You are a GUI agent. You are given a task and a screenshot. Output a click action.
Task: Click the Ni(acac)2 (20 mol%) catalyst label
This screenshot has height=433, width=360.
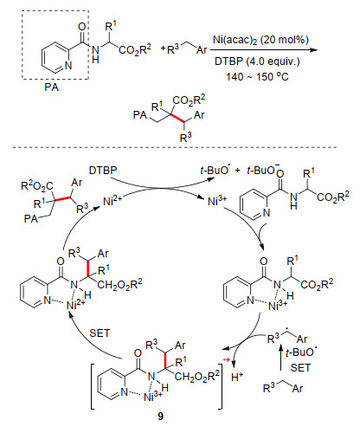260,40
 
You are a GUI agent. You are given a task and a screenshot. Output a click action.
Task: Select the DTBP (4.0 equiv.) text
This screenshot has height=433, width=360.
257,61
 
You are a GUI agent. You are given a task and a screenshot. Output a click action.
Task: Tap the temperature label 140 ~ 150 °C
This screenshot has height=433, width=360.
257,76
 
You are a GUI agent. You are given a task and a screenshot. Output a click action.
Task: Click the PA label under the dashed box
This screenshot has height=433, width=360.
51,87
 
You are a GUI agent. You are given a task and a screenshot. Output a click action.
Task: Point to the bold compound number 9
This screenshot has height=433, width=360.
160,416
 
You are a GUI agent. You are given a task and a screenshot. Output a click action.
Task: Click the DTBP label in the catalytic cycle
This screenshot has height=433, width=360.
103,171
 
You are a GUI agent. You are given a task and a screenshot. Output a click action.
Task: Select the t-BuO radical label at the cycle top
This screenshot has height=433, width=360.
215,170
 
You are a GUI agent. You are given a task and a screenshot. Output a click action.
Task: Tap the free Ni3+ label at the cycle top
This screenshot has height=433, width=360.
217,201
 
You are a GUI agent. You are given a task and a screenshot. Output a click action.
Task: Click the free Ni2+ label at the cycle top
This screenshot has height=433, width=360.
112,201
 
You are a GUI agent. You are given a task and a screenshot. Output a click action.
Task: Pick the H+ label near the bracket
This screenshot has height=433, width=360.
237,377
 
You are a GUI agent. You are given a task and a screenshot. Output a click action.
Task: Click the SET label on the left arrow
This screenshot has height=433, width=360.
100,333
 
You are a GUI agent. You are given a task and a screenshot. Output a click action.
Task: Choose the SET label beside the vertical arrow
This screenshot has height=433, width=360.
300,368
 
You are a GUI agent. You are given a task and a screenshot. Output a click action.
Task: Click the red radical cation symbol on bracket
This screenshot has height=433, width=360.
228,359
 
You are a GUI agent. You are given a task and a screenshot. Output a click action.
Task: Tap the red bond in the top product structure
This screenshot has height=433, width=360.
177,119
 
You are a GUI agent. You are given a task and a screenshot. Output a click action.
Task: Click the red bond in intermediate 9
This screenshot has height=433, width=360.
165,360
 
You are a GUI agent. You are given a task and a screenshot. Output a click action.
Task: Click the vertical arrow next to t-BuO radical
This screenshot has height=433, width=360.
280,358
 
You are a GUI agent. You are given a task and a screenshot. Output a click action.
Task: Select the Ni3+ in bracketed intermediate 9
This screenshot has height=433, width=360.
153,397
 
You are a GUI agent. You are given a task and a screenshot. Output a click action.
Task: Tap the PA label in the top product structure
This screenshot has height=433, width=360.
140,115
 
